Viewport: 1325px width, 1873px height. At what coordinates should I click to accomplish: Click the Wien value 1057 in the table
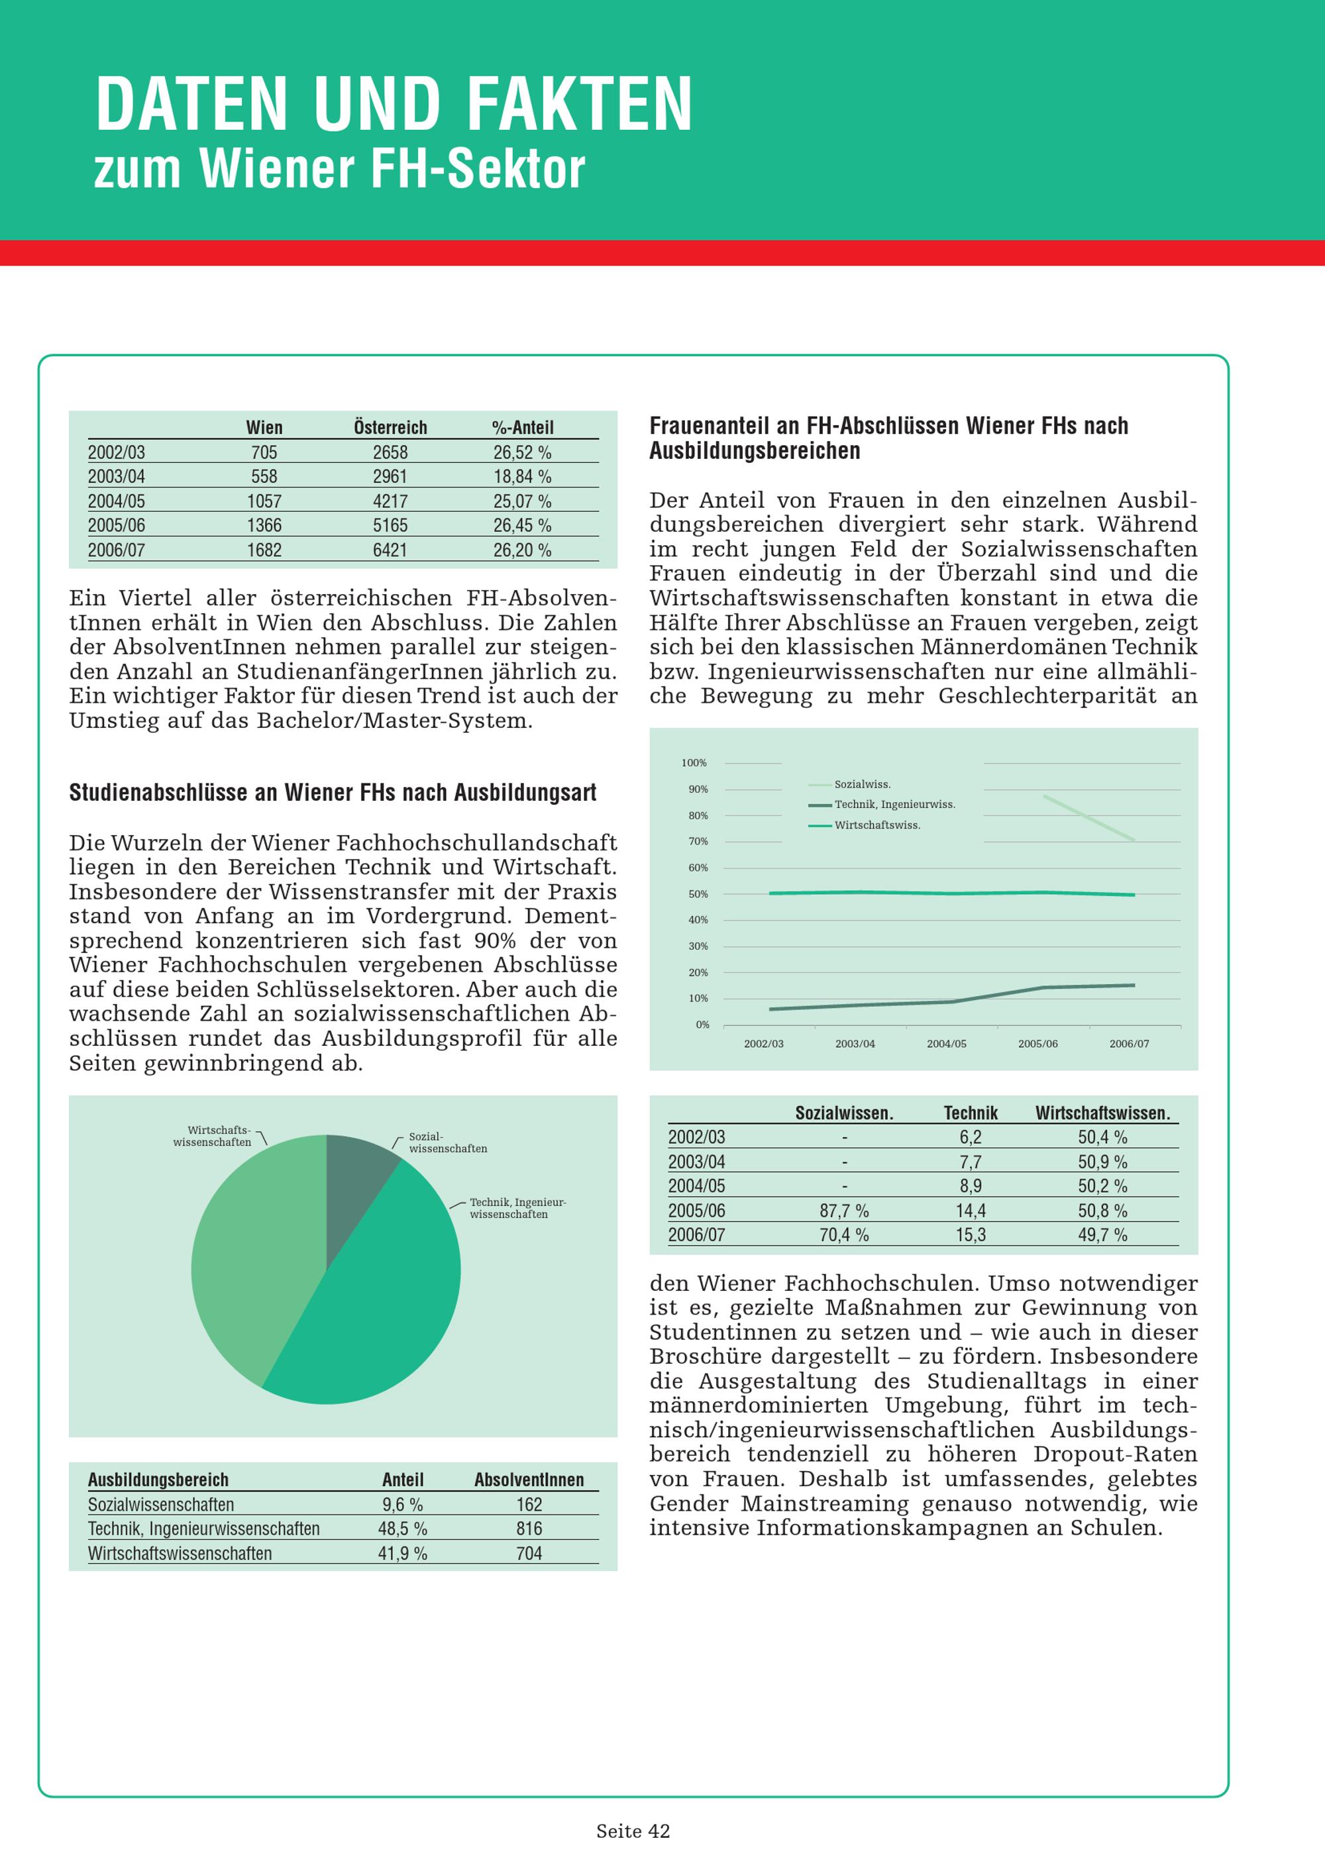tap(264, 501)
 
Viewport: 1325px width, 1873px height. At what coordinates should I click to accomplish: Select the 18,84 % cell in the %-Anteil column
tap(522, 476)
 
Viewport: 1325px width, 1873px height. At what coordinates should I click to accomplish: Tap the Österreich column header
tap(390, 427)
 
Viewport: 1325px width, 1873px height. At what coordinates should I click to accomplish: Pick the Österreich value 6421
tap(390, 550)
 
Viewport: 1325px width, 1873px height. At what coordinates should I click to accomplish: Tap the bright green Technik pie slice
tap(376, 1305)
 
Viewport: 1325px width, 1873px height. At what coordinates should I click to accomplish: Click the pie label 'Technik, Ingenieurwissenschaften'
tap(517, 1208)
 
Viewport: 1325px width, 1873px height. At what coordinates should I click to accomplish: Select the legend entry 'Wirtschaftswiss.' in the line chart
tap(877, 825)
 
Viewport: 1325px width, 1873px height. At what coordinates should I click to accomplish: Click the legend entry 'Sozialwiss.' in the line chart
tap(863, 784)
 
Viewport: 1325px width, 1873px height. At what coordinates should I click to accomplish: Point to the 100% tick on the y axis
tap(694, 763)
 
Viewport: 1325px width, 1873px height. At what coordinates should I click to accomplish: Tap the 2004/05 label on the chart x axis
tap(947, 1043)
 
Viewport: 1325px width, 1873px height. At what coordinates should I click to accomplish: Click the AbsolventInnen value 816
tap(529, 1529)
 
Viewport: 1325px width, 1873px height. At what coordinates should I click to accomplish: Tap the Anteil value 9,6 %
tap(402, 1504)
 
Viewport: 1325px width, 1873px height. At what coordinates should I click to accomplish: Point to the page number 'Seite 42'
tap(633, 1831)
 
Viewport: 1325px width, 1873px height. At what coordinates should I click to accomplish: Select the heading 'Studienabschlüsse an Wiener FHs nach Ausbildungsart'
tap(333, 792)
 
